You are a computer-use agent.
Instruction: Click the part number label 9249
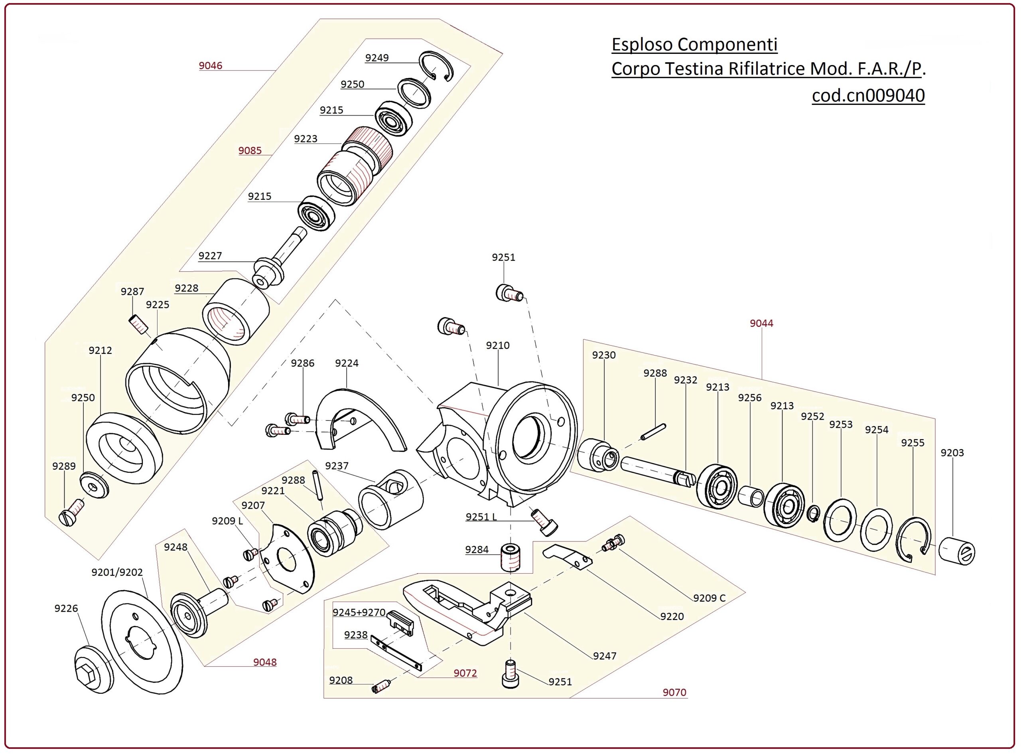(x=376, y=58)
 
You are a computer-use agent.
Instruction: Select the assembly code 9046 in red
(x=211, y=66)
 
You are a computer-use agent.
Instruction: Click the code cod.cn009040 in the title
(x=868, y=95)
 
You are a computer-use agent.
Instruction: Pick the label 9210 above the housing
(x=498, y=345)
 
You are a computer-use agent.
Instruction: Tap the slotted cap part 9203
(x=956, y=551)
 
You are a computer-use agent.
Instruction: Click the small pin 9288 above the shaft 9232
(x=653, y=432)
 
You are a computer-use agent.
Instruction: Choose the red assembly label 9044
(x=761, y=324)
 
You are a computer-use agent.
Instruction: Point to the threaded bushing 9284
(x=511, y=557)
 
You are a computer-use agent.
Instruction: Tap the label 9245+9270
(x=359, y=612)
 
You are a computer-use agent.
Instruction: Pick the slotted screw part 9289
(x=71, y=513)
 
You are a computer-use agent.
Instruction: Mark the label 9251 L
(x=481, y=517)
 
